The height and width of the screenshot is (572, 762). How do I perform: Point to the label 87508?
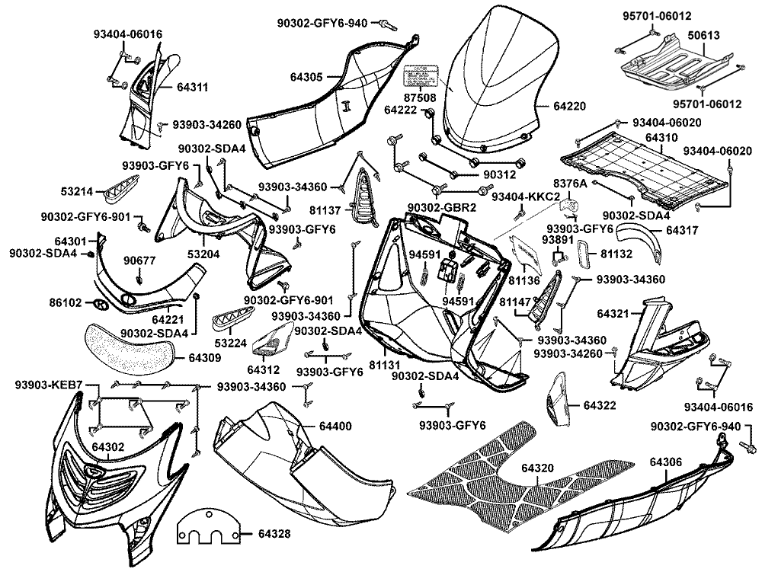tap(420, 98)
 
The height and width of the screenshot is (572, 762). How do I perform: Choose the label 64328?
tap(274, 534)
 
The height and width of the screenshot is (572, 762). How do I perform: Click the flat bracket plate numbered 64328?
tap(208, 529)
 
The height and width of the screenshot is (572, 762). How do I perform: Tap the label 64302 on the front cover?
tap(109, 446)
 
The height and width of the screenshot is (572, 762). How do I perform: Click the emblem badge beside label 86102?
tap(99, 303)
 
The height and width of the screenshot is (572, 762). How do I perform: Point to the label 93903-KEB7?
tap(48, 385)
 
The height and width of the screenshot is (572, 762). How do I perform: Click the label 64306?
tap(665, 462)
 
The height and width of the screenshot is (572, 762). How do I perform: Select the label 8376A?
tap(570, 184)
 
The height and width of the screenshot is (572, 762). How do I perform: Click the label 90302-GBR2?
tap(442, 208)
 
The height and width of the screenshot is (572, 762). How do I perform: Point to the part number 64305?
tap(306, 76)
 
